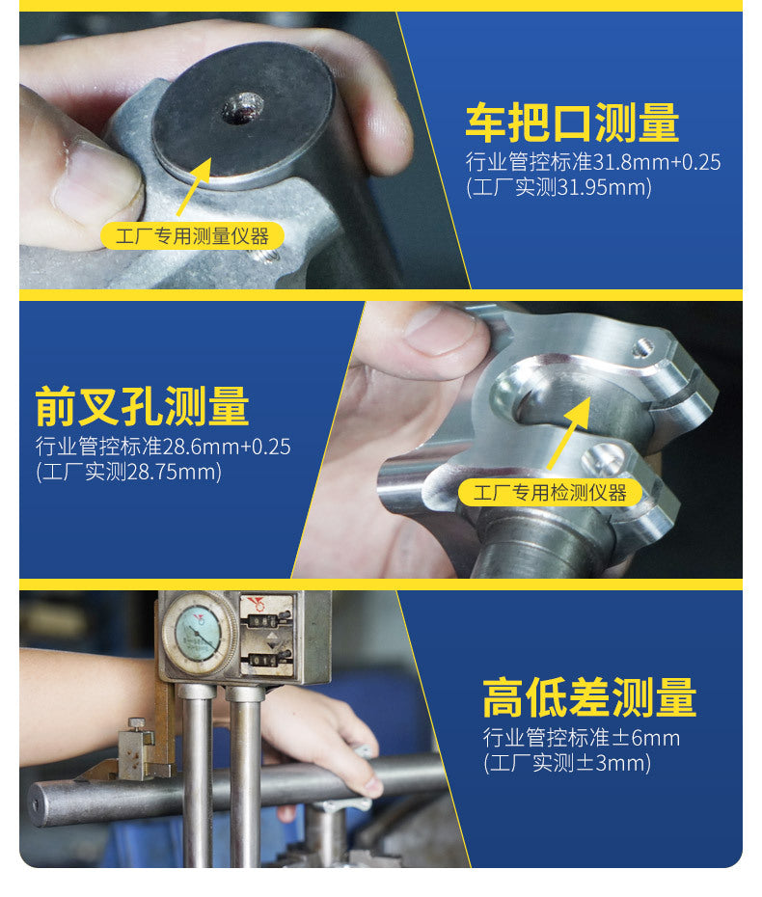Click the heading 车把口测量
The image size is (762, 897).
(x=571, y=123)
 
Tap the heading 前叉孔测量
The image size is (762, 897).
(x=142, y=406)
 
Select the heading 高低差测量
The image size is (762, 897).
(x=589, y=697)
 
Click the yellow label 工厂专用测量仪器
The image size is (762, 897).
(x=192, y=235)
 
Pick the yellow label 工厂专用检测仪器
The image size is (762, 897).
(x=550, y=493)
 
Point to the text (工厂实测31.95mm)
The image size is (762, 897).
(x=558, y=188)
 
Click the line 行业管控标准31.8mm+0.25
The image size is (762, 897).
(x=593, y=162)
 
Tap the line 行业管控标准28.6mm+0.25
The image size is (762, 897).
(x=163, y=447)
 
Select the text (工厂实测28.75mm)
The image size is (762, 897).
(x=128, y=472)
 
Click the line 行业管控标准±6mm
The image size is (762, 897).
(x=582, y=738)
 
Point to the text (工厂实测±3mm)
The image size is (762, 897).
(x=567, y=763)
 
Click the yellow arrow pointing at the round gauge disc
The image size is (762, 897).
(x=194, y=187)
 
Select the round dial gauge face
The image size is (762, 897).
(x=199, y=632)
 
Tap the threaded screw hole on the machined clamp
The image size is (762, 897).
(x=643, y=347)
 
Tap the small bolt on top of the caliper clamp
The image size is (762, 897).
(x=137, y=724)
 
